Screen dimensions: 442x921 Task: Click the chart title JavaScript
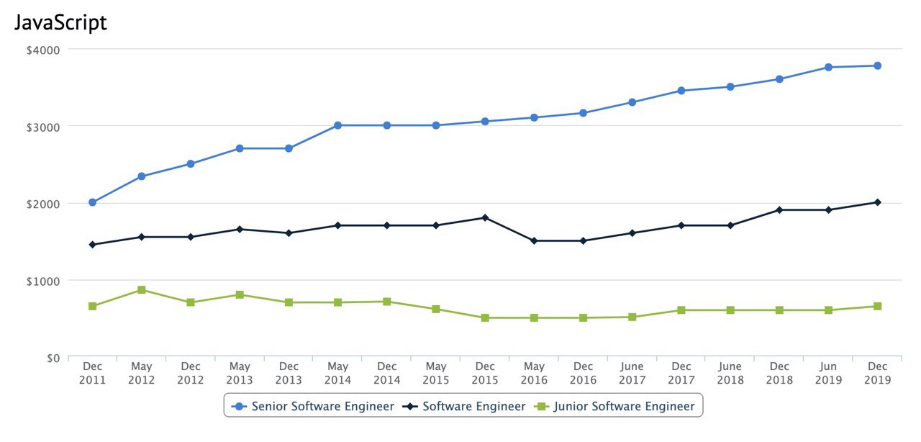tap(60, 22)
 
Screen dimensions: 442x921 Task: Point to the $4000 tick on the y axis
tap(44, 50)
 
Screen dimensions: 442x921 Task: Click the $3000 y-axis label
tap(44, 126)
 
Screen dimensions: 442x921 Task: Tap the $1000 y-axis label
tap(44, 280)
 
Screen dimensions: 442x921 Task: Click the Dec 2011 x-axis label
tap(93, 374)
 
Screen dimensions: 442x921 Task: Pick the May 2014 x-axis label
tap(337, 374)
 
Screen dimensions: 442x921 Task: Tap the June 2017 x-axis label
tap(632, 374)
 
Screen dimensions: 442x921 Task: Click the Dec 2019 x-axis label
tap(877, 374)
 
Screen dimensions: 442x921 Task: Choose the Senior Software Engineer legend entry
tap(314, 406)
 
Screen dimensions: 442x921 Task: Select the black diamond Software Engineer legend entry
tap(465, 406)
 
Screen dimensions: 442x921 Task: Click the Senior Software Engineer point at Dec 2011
tap(93, 202)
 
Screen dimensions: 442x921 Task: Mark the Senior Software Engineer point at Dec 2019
tap(877, 66)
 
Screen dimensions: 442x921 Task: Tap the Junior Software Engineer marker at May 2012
tap(142, 290)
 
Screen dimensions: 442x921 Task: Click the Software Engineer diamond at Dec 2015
tap(485, 217)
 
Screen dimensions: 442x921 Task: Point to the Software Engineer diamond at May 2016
tap(534, 240)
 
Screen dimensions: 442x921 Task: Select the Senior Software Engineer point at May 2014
tap(337, 125)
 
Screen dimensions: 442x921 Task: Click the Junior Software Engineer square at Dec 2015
tap(485, 317)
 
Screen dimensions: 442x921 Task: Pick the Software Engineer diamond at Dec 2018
tap(779, 209)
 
